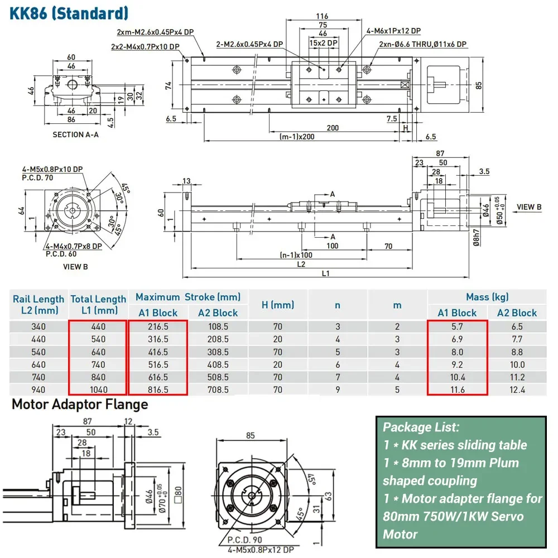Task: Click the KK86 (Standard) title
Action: point(69,13)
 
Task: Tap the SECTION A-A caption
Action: point(75,134)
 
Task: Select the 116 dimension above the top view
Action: point(322,16)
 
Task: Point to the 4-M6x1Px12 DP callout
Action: point(393,31)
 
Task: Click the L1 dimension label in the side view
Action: point(326,273)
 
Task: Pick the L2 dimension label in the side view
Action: point(301,264)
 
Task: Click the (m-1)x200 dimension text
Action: point(297,137)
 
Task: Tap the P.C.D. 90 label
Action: point(245,540)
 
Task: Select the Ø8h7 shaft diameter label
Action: point(477,238)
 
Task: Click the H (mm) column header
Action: point(278,305)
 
